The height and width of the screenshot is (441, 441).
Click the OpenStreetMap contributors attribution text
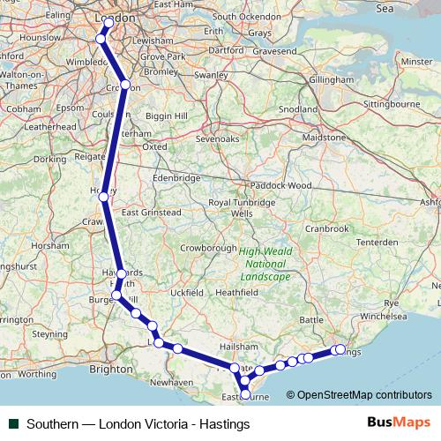(364, 395)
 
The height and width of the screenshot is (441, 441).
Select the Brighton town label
(110, 370)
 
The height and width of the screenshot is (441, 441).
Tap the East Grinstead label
(152, 213)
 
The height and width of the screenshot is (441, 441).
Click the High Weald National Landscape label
(265, 264)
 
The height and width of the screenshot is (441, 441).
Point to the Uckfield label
(186, 292)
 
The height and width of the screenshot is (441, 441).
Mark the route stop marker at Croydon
(125, 86)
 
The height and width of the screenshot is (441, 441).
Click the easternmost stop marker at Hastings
(340, 349)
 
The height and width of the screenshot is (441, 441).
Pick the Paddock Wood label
(280, 185)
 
